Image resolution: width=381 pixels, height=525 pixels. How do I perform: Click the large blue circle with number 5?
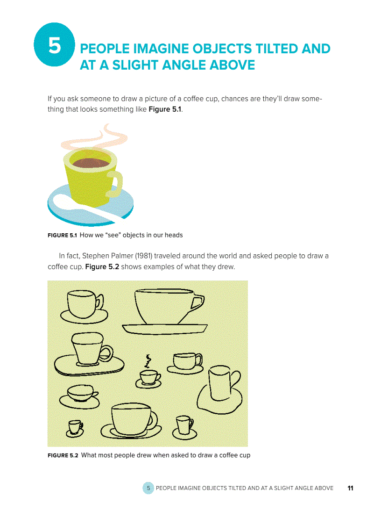55,46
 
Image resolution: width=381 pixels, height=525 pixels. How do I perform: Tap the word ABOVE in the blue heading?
232,65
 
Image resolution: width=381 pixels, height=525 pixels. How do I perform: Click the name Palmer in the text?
120,256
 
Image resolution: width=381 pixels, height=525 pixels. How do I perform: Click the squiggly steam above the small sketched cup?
148,361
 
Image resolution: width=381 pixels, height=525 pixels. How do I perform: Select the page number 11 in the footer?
350,488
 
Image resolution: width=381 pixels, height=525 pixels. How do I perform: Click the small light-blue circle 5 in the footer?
148,488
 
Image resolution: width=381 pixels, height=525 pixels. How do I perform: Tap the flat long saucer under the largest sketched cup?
164,329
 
